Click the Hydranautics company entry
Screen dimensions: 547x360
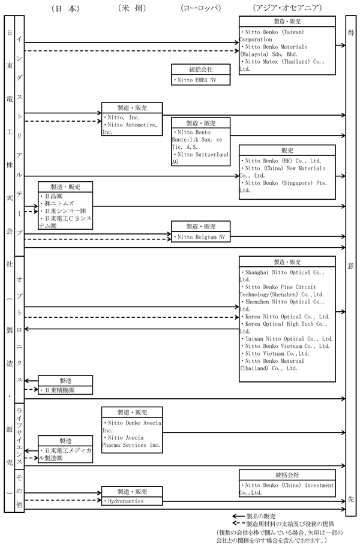[127, 500]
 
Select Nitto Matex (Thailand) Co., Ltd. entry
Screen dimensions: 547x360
[282, 64]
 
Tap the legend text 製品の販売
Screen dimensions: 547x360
[261, 515]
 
